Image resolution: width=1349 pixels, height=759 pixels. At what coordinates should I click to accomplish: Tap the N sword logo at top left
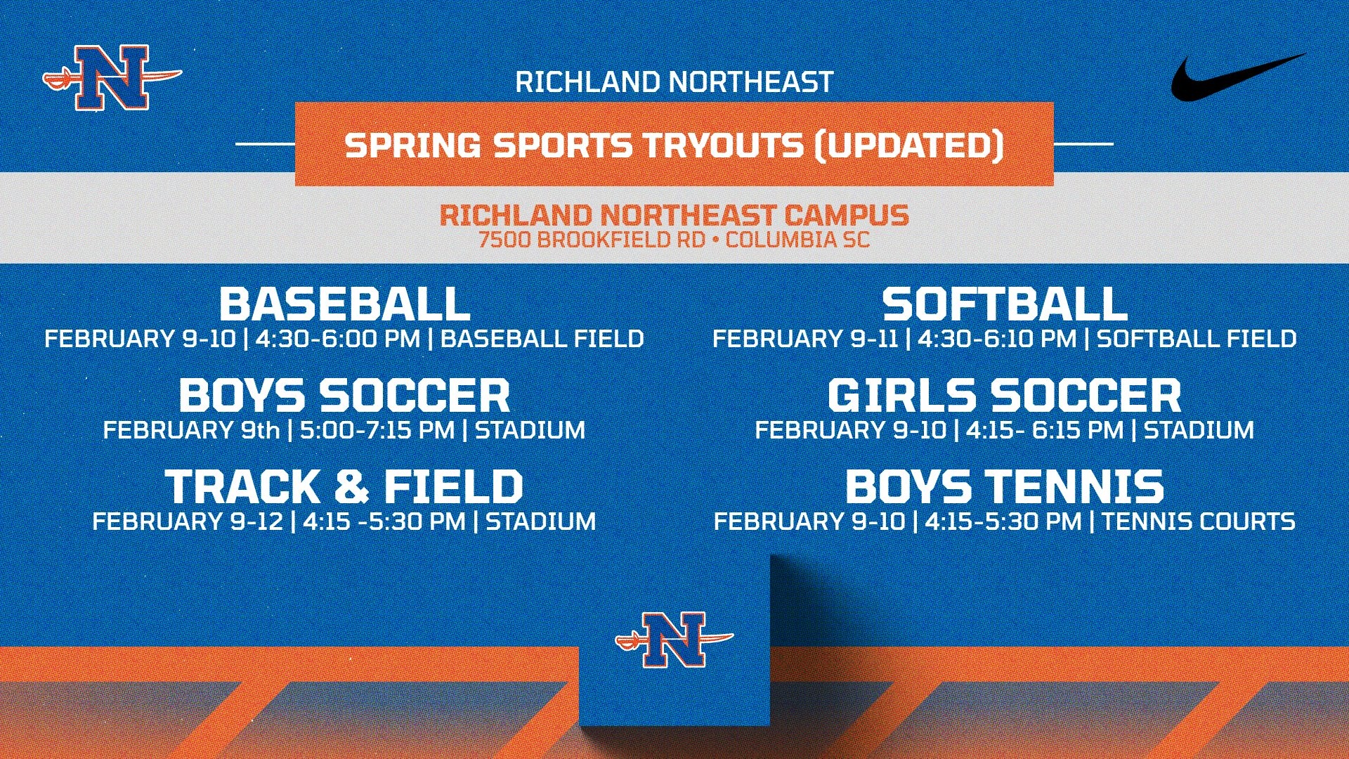(x=112, y=78)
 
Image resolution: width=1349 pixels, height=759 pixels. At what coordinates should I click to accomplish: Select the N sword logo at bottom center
(x=674, y=639)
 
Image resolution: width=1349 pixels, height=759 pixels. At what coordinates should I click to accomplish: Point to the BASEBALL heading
(x=344, y=304)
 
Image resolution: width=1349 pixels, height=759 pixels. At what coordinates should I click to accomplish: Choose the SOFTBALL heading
(x=1005, y=304)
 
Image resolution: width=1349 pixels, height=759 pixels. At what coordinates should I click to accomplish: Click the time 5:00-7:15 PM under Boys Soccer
(x=377, y=430)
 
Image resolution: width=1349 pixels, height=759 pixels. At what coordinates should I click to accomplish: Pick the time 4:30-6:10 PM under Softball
(x=996, y=339)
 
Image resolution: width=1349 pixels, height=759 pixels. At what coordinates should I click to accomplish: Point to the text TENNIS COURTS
(x=1198, y=521)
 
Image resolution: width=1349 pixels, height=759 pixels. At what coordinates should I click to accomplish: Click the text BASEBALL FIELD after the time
(x=542, y=339)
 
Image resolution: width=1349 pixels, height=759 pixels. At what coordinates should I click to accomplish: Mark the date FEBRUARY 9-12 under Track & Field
(x=188, y=521)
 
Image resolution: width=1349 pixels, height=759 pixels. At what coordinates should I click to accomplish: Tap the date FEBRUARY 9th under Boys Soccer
(x=191, y=430)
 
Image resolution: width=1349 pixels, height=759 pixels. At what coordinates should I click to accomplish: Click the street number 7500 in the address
(x=504, y=240)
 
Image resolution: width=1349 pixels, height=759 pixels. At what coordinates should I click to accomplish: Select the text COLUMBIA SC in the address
(x=797, y=240)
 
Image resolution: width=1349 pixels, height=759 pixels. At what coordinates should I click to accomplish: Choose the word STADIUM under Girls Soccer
(x=1199, y=430)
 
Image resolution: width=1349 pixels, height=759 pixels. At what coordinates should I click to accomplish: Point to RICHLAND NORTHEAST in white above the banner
(x=674, y=82)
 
